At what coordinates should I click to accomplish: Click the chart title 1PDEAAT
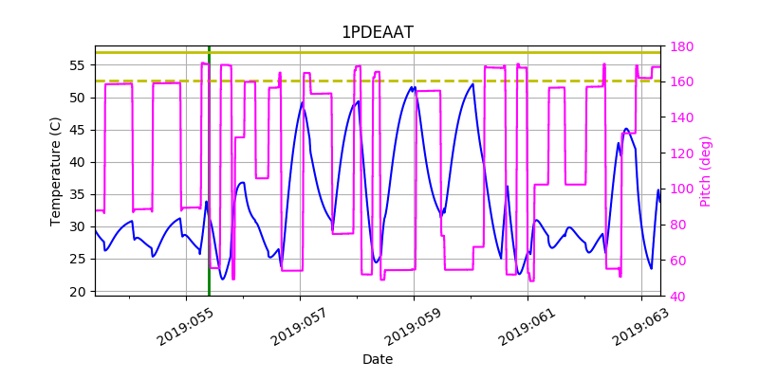click(378, 32)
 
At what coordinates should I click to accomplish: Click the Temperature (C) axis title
click(56, 171)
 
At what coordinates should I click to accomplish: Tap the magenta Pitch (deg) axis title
click(705, 171)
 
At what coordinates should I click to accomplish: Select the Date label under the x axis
click(378, 359)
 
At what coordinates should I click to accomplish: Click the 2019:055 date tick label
click(184, 327)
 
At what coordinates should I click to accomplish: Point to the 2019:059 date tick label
click(412, 327)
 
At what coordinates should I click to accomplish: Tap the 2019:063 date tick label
click(639, 327)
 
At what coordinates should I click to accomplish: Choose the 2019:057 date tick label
click(298, 327)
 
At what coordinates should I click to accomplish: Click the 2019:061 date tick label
click(526, 327)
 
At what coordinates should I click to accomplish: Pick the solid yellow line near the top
click(379, 52)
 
